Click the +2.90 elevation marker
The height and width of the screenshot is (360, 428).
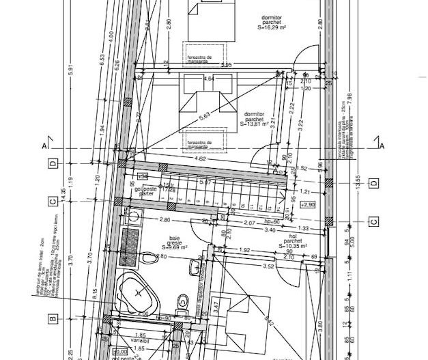click(x=309, y=204)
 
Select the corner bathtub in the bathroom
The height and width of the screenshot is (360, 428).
click(x=139, y=294)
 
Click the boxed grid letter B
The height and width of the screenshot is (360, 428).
click(x=51, y=318)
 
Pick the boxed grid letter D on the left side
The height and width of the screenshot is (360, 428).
click(x=51, y=163)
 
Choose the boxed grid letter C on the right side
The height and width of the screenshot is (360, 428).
click(x=373, y=221)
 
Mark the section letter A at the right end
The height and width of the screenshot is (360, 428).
click(x=382, y=146)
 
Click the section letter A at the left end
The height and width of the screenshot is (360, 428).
click(x=44, y=146)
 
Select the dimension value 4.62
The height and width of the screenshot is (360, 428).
click(x=201, y=159)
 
